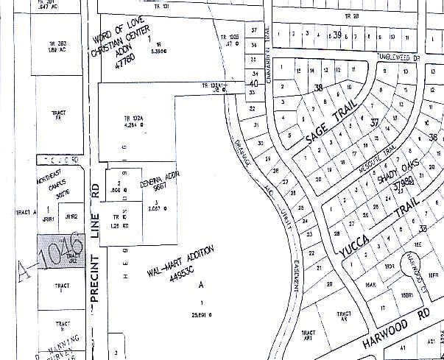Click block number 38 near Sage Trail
tap(319, 88)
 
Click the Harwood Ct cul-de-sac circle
tap(413, 278)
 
